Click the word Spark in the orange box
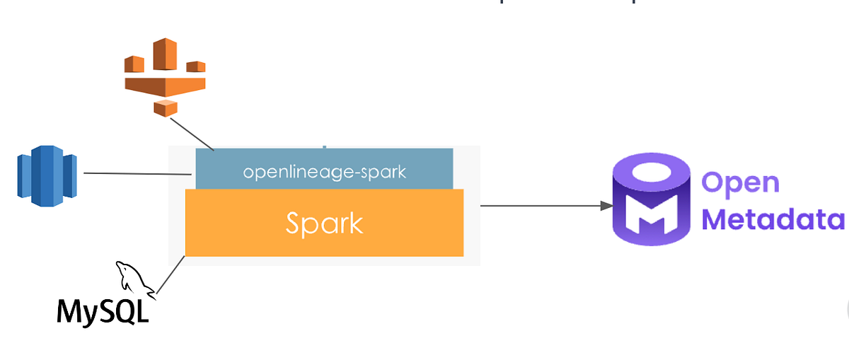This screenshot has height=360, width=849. click(x=324, y=223)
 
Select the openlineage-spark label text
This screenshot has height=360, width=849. click(x=324, y=172)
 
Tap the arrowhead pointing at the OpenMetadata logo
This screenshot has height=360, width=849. click(x=606, y=206)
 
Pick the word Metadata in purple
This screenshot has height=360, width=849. click(x=773, y=219)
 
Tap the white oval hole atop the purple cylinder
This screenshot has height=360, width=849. click(x=652, y=173)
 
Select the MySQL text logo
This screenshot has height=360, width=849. click(x=103, y=310)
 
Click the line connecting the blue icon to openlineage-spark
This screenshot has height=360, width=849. click(x=138, y=173)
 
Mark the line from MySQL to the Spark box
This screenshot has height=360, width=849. click(x=171, y=275)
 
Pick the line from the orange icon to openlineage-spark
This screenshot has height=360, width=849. click(x=191, y=134)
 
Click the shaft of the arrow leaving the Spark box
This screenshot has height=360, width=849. click(x=538, y=206)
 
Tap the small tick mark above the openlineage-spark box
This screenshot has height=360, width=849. click(x=325, y=147)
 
